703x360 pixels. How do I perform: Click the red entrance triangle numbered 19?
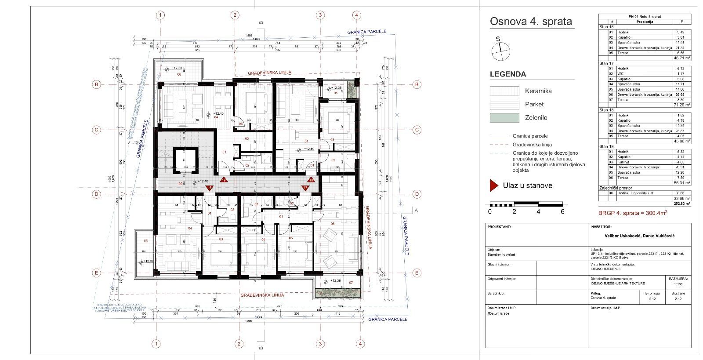[223, 180]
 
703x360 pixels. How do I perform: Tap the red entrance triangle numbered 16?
[210, 188]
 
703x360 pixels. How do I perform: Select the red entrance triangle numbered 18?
[311, 180]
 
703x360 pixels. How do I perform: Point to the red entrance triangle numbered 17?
[305, 188]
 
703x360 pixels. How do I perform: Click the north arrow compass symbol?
[501, 51]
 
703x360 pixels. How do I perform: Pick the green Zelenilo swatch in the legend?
[504, 118]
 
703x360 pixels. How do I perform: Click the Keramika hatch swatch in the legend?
[504, 91]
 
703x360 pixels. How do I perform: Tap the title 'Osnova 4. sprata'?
[531, 22]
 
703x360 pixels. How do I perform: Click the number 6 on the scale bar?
[562, 211]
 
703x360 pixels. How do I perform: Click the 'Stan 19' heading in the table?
[606, 146]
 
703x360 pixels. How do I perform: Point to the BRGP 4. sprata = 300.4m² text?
[632, 213]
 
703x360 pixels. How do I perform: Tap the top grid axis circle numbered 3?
[320, 15]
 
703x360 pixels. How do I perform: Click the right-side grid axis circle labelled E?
[417, 273]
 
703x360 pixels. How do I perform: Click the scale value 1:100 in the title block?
[676, 284]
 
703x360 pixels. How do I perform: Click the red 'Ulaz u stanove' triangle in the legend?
[493, 185]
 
